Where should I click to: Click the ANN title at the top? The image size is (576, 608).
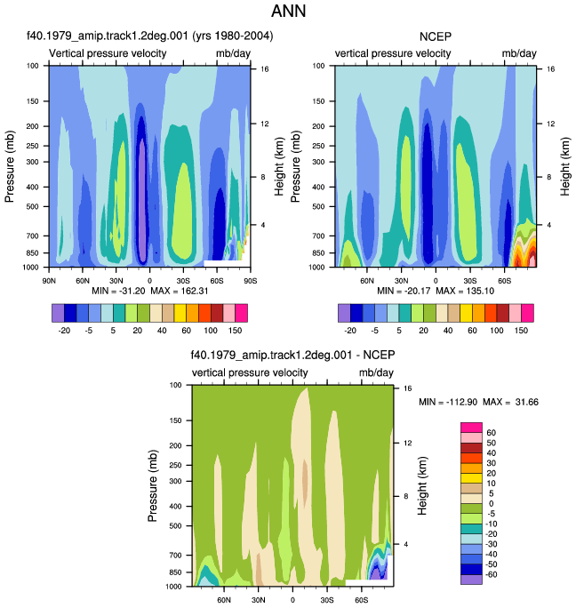[288, 11]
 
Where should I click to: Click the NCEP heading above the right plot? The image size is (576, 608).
[436, 36]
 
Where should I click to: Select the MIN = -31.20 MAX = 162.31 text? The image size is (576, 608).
[150, 291]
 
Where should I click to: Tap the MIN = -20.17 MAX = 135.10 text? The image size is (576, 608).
[436, 291]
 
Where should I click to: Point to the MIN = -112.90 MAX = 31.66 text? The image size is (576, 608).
[478, 402]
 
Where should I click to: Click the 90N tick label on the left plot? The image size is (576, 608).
[49, 281]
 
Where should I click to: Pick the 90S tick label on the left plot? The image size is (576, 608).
[250, 281]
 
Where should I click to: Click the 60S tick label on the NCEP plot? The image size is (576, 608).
[504, 281]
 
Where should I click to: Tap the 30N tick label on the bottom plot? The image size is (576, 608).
[259, 600]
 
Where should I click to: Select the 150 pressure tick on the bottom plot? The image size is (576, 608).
[175, 420]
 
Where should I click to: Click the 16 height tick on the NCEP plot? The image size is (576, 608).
[551, 69]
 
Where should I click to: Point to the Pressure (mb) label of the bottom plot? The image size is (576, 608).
[152, 486]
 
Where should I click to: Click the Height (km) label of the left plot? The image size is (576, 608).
[279, 166]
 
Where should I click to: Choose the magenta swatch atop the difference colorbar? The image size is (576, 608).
[471, 428]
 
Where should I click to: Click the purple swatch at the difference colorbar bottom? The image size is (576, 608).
[471, 580]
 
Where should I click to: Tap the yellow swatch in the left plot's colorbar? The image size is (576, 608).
[180, 313]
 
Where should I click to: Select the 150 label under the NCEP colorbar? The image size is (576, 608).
[521, 331]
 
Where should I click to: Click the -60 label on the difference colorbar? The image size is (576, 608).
[491, 574]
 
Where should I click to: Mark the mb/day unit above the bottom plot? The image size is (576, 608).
[376, 373]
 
